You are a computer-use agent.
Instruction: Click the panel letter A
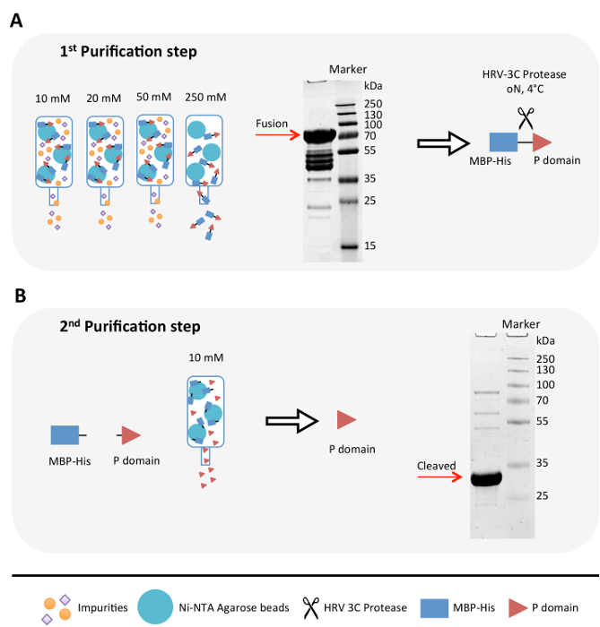coord(15,21)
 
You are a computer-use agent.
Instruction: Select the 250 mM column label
coord(204,97)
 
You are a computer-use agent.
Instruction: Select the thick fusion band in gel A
coord(316,137)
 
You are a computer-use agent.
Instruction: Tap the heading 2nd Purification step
coord(126,326)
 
